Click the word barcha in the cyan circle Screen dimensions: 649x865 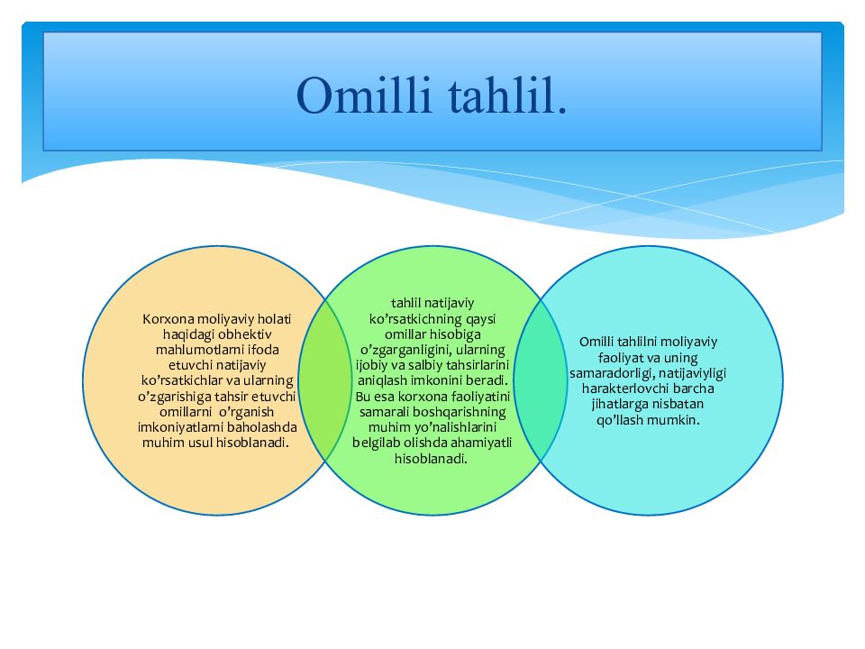click(693, 388)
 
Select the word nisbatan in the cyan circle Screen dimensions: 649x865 click(674, 404)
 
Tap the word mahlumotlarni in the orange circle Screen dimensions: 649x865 click(196, 350)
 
